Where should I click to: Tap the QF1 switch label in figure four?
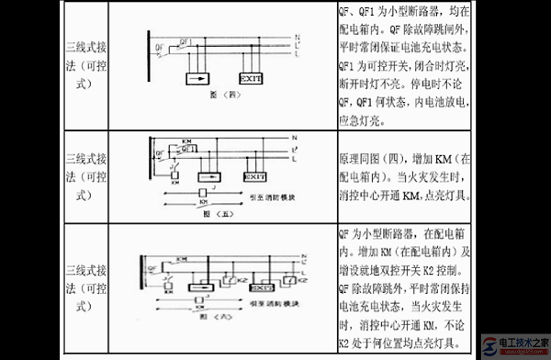point(187,41)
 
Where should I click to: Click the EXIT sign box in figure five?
point(253,175)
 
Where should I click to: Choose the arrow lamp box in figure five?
point(208,175)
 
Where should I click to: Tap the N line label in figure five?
point(293,140)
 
